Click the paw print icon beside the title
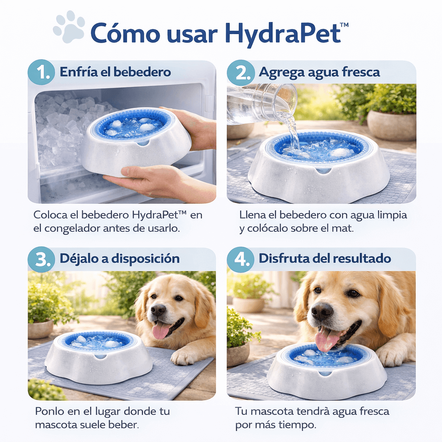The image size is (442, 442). [69, 27]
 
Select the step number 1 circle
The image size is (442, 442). [41, 72]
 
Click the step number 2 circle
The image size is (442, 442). [241, 73]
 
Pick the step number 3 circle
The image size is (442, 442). [41, 259]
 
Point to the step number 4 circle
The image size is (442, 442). [241, 259]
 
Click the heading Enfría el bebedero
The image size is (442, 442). [115, 72]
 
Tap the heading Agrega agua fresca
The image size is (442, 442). [319, 73]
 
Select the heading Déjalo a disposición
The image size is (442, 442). [120, 259]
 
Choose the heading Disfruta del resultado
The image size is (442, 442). [325, 259]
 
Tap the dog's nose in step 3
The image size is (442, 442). [158, 310]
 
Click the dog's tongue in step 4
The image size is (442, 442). [327, 340]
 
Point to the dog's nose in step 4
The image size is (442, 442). [322, 312]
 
